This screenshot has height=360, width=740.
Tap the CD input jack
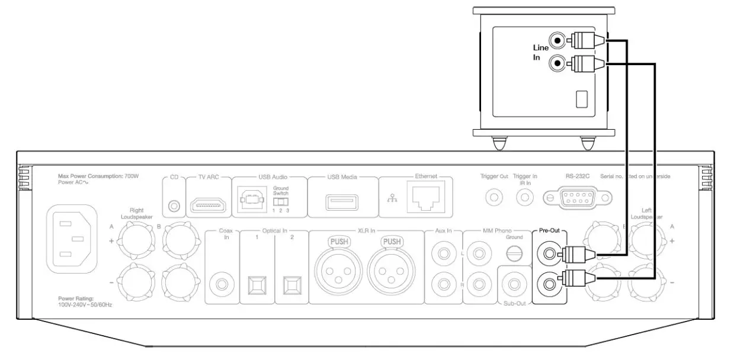[174, 205]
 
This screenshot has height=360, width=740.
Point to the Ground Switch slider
[281, 201]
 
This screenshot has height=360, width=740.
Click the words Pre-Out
[549, 233]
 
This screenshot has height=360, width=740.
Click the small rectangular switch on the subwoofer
[582, 99]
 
